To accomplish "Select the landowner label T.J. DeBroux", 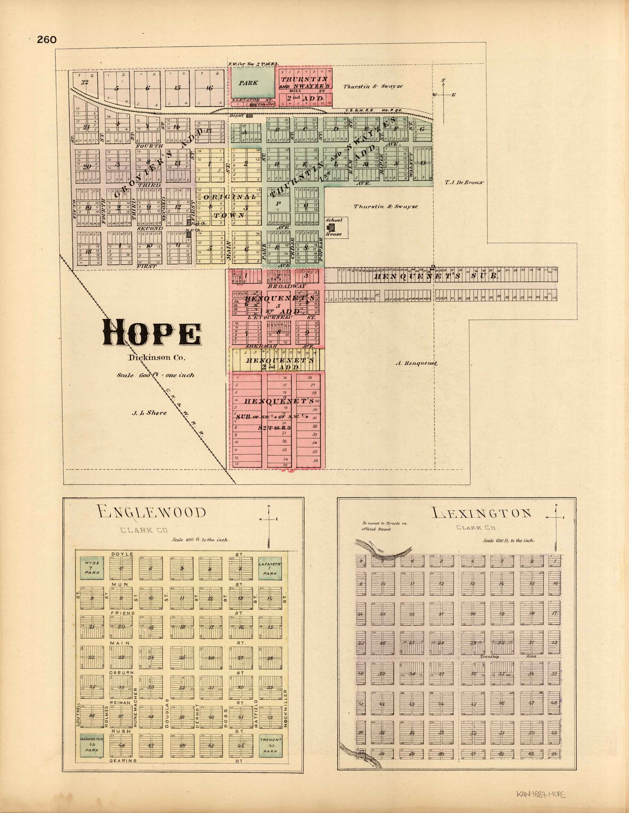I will [x=464, y=182].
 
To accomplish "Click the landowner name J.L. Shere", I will [x=149, y=413].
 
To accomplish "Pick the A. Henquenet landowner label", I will [x=416, y=363].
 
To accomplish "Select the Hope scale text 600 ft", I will [x=156, y=375].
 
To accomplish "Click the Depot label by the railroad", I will [x=237, y=115].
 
